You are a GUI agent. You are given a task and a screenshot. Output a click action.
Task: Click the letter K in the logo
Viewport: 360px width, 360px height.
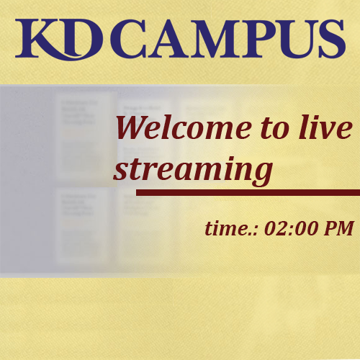pos(38,38)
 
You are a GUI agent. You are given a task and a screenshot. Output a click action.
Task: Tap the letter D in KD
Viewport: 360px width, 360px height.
pos(84,37)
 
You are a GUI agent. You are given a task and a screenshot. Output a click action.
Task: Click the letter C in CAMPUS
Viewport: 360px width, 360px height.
pos(128,38)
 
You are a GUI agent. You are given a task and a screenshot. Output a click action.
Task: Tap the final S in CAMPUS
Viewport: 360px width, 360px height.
pos(332,38)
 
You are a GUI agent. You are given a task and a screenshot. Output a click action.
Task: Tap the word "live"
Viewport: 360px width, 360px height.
pos(326,127)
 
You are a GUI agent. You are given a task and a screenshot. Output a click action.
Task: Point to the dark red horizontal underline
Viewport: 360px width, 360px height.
pos(248,192)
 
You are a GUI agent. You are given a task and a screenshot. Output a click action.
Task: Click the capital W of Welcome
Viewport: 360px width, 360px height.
pos(133,127)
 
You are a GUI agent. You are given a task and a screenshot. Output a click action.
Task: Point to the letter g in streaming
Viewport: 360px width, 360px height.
pos(261,173)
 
